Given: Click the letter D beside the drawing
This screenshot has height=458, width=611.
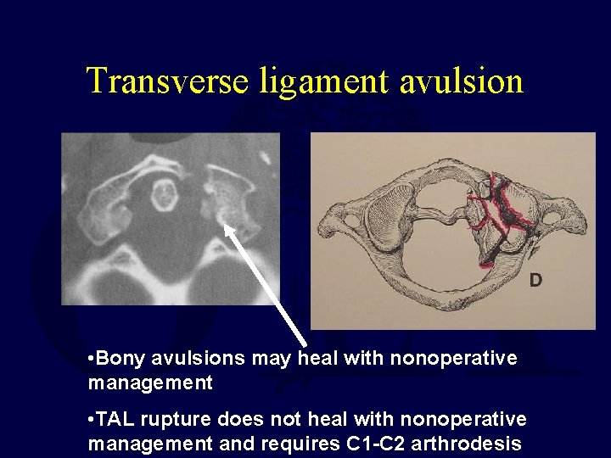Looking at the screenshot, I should [535, 279].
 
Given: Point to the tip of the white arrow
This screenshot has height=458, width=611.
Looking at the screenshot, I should [221, 222].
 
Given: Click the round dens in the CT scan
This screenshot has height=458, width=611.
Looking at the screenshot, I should [164, 196].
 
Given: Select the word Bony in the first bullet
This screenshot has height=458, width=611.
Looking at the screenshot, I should [119, 359].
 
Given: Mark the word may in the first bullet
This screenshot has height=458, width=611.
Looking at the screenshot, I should [271, 359].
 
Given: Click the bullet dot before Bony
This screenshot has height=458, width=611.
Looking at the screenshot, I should [91, 359].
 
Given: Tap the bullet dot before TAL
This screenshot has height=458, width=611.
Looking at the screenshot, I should [91, 420].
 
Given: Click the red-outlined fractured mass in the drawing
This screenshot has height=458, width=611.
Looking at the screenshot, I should [502, 216].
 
